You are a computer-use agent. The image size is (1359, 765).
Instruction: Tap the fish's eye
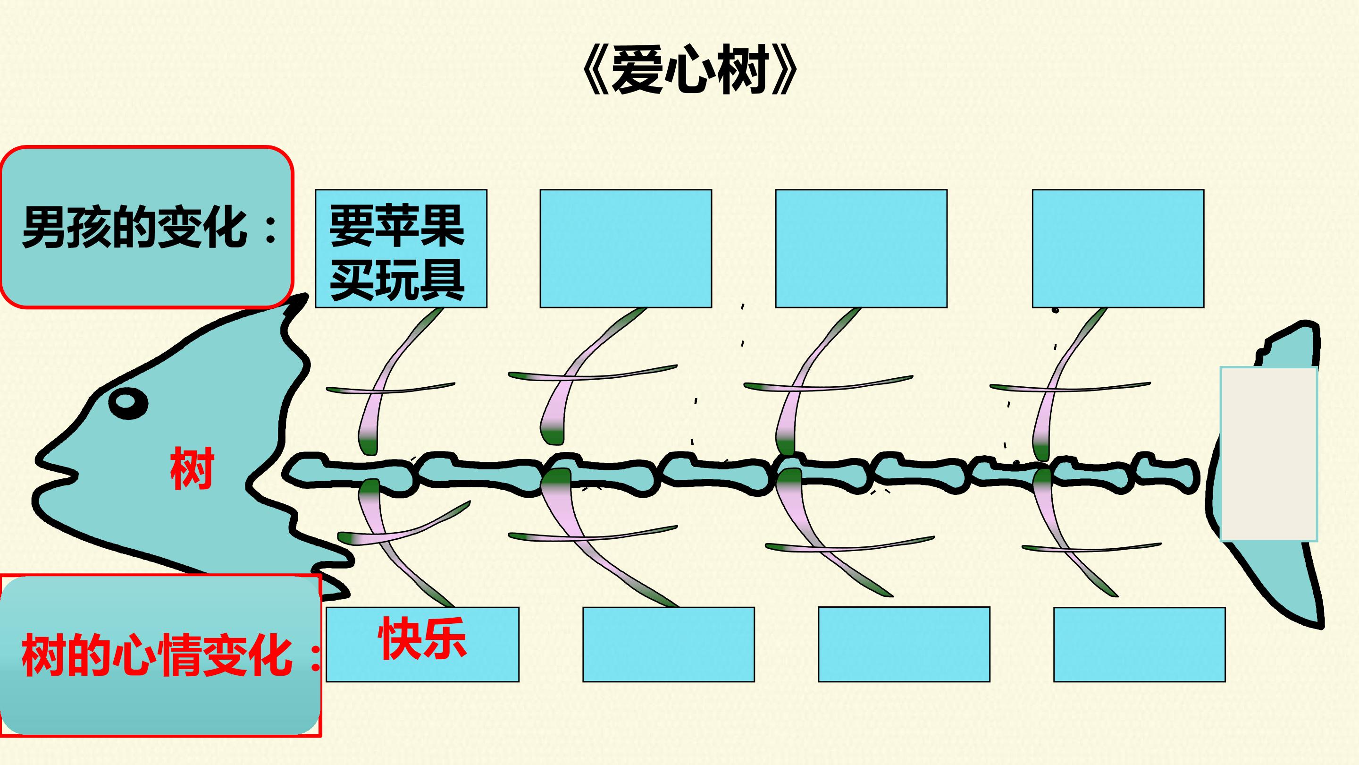click(128, 403)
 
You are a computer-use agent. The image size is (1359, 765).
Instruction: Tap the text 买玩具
click(397, 280)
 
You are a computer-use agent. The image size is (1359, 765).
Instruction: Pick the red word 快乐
click(422, 638)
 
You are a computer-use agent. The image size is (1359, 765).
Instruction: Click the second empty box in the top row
click(626, 249)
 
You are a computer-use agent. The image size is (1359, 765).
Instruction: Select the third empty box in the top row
click(861, 249)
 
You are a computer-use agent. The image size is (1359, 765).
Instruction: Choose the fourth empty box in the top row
click(1118, 249)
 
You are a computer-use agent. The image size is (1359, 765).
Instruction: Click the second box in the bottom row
click(669, 645)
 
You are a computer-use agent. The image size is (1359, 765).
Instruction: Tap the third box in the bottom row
click(904, 645)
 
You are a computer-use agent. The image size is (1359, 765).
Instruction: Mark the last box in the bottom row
click(1140, 645)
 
